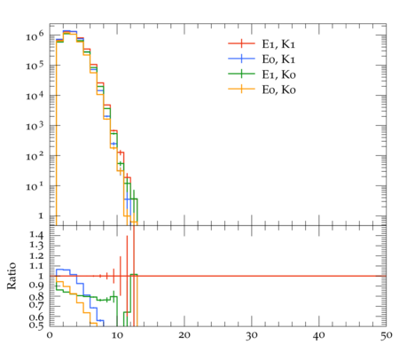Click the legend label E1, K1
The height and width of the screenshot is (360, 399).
click(x=278, y=44)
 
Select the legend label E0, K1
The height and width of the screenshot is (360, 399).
click(x=278, y=59)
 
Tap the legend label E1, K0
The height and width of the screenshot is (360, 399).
click(x=278, y=74)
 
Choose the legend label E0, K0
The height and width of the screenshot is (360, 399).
click(x=278, y=90)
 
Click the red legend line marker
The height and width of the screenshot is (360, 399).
click(x=241, y=43)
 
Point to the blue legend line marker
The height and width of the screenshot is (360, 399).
click(x=241, y=59)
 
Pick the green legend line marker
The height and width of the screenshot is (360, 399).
click(x=241, y=74)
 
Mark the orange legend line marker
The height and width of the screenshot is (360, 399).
click(x=241, y=89)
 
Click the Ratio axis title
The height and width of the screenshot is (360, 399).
click(x=12, y=276)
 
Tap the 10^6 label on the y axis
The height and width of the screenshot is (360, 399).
click(x=35, y=36)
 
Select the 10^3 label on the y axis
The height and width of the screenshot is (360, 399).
click(x=35, y=126)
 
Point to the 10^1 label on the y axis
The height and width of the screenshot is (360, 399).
click(x=35, y=186)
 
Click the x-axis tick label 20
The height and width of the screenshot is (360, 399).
click(x=184, y=336)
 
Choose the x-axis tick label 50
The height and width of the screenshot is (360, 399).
click(x=387, y=336)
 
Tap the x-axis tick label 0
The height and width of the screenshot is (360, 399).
click(x=50, y=336)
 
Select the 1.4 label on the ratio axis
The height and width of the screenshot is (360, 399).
click(x=36, y=236)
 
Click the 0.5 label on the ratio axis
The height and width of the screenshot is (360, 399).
click(x=36, y=325)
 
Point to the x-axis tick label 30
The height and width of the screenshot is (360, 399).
click(x=252, y=336)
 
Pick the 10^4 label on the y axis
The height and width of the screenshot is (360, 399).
click(x=35, y=96)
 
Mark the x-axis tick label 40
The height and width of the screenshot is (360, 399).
click(x=319, y=336)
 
